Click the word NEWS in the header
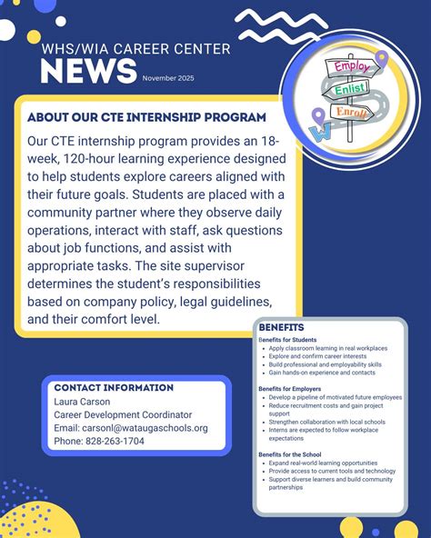pyautogui.click(x=89, y=73)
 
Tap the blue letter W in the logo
pyautogui.click(x=320, y=132)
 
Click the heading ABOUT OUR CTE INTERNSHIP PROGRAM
pyautogui.click(x=147, y=118)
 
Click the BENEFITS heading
pyautogui.click(x=281, y=327)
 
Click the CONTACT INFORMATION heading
pyautogui.click(x=114, y=387)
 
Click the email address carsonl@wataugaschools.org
pyautogui.click(x=131, y=428)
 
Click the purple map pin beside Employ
pyautogui.click(x=381, y=58)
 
